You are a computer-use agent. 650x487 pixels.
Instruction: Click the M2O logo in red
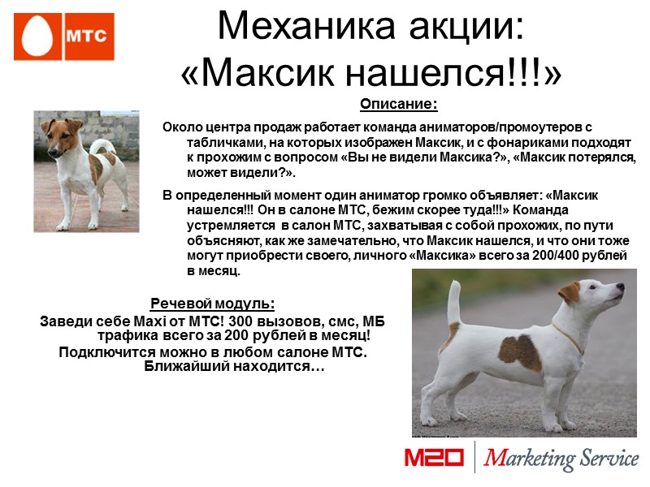click(x=434, y=458)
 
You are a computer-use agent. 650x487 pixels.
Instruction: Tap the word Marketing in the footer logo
click(x=531, y=459)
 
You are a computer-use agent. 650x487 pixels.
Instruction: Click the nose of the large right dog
click(x=622, y=287)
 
